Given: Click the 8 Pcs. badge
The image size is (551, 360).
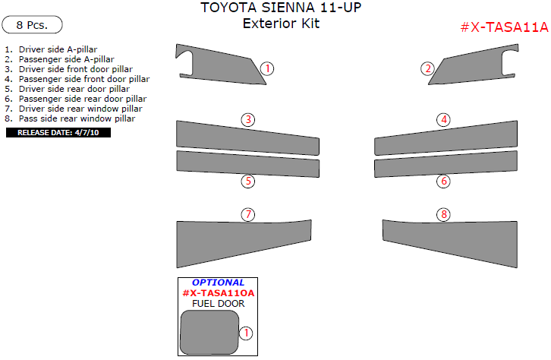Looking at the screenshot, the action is point(32,24).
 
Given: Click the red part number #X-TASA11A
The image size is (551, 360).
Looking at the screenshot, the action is point(504,27).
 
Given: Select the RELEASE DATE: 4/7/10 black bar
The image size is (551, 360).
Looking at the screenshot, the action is point(58,133).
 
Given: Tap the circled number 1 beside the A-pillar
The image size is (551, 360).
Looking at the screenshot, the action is point(267,68).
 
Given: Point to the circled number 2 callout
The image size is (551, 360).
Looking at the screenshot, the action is point(427,68).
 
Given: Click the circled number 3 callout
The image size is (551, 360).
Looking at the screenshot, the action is point(248,119).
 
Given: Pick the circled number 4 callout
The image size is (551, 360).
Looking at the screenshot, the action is point(443,119).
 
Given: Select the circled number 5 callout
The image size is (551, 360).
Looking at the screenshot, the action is point(248,181).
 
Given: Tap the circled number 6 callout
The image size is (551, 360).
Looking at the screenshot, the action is point(443,181).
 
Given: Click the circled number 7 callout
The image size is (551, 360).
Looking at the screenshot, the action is point(248,214).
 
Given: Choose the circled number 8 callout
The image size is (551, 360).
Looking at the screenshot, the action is point(443,214).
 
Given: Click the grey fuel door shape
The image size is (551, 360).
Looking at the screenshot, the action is point(209,332).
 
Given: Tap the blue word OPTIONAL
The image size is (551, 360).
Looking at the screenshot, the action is point(218,283).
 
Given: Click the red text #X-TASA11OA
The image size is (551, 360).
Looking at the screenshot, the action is point(219,293).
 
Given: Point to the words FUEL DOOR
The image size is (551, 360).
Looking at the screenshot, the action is point(219,303).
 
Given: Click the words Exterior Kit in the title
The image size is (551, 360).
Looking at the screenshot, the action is point(281,24).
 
